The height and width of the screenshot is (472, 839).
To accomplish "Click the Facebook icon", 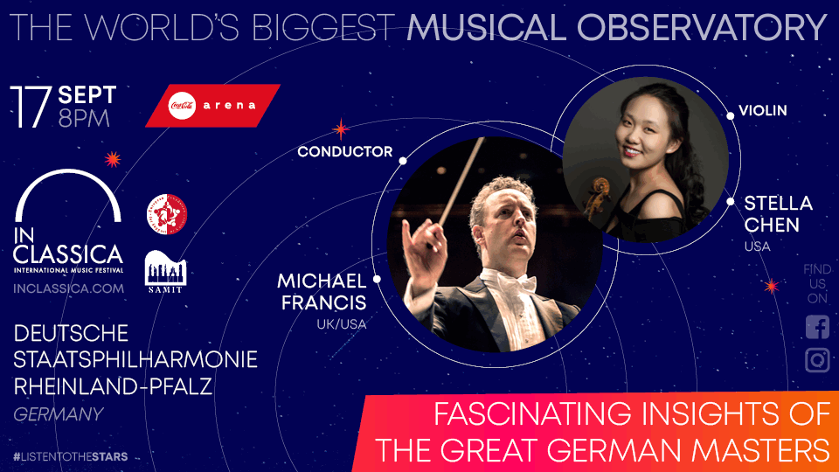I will (x=817, y=328).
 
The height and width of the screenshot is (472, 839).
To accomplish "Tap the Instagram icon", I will (x=817, y=360).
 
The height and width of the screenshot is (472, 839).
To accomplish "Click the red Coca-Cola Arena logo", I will (x=212, y=105).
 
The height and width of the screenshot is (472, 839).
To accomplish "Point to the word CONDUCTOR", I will (x=345, y=151).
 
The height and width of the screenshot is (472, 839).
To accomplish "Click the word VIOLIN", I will (x=763, y=111).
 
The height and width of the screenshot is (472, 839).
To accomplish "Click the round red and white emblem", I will (x=165, y=214).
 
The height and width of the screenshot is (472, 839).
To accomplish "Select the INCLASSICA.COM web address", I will (x=69, y=288).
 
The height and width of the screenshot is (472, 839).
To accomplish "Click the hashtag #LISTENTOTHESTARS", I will (x=71, y=456).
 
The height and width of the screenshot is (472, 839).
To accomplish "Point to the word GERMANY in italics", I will (x=59, y=414).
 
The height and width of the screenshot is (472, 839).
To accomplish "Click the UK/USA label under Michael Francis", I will (x=341, y=324).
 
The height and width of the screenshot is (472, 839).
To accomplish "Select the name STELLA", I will (x=778, y=204).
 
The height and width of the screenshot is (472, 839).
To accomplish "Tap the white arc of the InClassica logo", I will (x=68, y=179).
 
